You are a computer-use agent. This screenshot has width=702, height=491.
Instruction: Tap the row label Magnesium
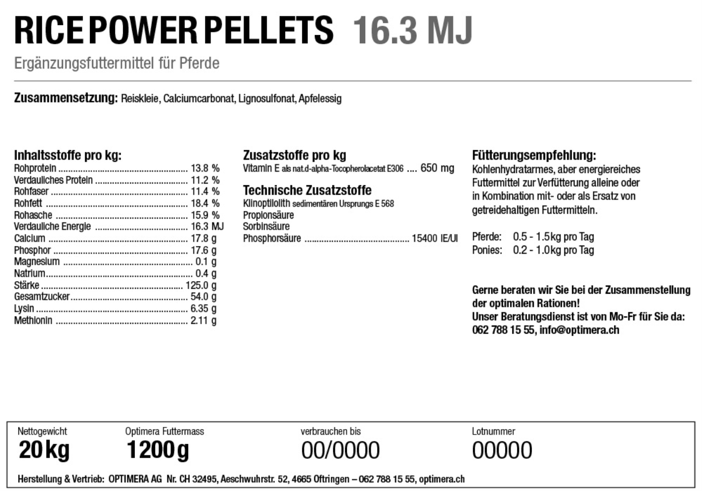(x=37, y=261)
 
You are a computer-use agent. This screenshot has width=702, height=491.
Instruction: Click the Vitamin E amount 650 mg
(x=437, y=168)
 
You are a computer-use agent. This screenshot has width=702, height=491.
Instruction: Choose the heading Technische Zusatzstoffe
(x=307, y=191)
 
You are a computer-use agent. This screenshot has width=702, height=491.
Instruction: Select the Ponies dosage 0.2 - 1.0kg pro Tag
(x=553, y=250)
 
